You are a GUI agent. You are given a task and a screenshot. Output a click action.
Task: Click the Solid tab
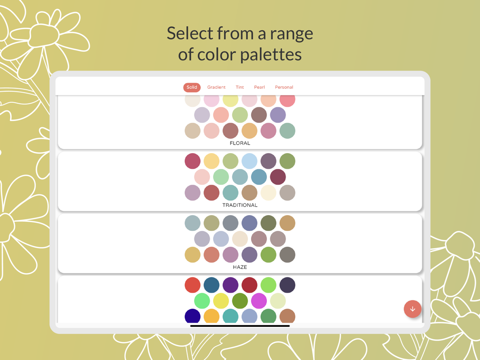pos(192,87)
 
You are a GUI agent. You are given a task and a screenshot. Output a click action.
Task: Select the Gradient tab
pos(216,87)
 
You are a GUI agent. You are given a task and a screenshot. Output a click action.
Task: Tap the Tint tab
pos(240,87)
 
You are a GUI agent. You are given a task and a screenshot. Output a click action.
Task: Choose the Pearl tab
pos(259,87)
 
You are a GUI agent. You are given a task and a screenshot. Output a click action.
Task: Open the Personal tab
pos(284,87)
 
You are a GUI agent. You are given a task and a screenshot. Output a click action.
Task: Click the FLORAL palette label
pos(240,143)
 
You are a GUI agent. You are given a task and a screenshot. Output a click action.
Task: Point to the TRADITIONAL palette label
pos(240,205)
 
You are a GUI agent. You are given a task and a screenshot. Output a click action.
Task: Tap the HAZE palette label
pos(240,267)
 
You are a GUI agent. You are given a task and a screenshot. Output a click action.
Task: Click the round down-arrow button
pos(413,309)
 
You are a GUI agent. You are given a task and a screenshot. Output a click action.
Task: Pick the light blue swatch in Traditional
pos(250,161)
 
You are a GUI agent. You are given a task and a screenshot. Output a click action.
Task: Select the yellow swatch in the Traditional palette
pos(212,161)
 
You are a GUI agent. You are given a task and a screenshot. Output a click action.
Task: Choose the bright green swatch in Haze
pos(268,255)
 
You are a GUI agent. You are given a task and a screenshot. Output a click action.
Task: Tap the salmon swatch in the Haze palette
pos(212,255)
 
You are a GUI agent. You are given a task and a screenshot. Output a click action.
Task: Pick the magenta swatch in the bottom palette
pos(259,301)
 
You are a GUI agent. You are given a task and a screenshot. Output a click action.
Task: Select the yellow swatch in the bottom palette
pos(221,301)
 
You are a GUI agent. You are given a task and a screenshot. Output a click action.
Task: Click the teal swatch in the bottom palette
pos(230,316)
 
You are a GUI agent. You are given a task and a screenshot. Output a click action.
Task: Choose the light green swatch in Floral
pos(240,115)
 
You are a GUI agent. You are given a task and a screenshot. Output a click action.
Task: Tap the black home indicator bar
pos(240,326)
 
